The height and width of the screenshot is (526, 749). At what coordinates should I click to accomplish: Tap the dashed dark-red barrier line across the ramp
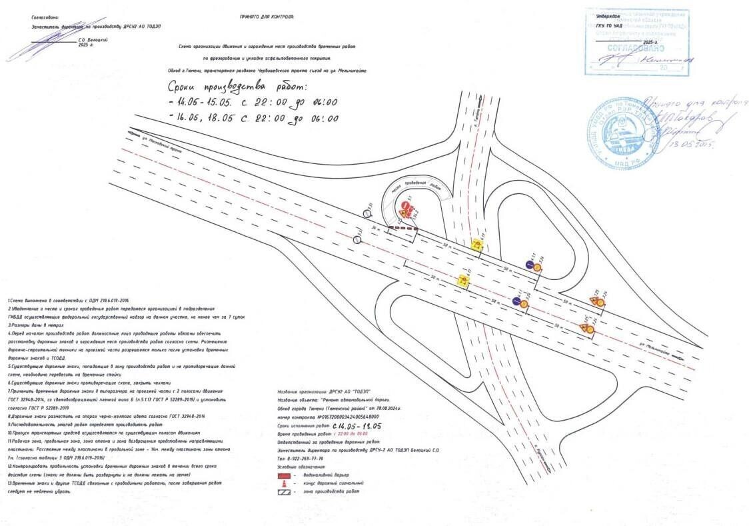click(x=404, y=228)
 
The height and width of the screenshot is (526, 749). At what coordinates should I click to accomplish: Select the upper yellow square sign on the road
click(x=477, y=245)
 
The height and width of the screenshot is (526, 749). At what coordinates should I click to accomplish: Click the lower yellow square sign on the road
click(x=461, y=281)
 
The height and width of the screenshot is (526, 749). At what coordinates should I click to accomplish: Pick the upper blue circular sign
click(x=528, y=265)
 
